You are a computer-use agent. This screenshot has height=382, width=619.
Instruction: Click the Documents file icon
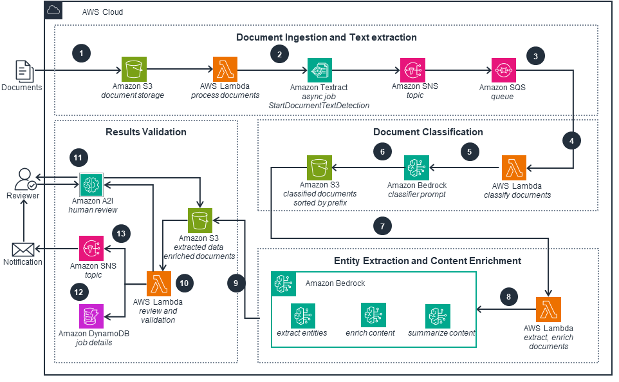pos(24,70)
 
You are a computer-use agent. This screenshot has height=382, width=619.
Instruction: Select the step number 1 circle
pos(80,53)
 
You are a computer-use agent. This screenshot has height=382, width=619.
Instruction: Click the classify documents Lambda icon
pos(513,168)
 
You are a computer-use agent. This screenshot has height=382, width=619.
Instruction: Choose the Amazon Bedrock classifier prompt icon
pos(416,168)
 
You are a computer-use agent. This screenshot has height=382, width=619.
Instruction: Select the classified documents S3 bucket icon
pos(319,168)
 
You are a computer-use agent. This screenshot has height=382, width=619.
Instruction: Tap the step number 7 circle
pos(382,226)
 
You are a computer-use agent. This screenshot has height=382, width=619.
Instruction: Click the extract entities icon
pos(302,316)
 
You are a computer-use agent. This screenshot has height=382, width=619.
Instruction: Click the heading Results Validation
pos(145,132)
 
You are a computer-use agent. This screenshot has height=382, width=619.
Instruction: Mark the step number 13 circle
pos(121,234)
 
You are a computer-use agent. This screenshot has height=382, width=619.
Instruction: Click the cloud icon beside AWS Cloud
pos(53,11)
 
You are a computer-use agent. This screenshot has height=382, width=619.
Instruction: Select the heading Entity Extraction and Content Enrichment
pos(428,261)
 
